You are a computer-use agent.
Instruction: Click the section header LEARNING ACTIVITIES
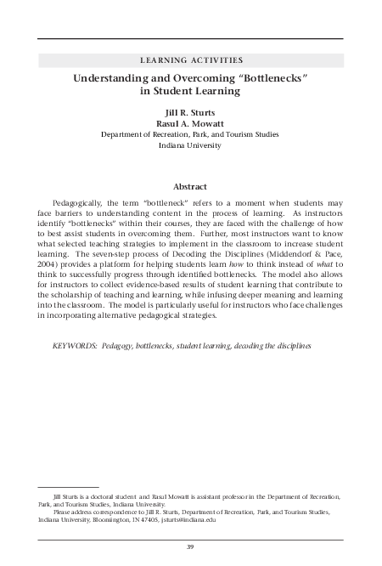click(x=190, y=59)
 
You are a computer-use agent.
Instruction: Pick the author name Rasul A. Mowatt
click(x=190, y=122)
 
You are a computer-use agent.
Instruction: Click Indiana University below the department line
click(x=190, y=145)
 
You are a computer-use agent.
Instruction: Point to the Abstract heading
click(x=190, y=186)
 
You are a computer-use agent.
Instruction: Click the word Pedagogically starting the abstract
click(x=83, y=205)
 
